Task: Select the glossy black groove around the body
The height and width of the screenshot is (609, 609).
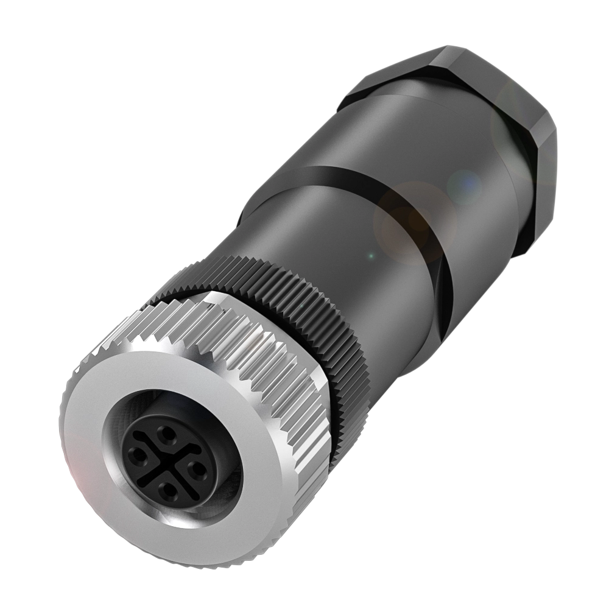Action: pos(365,183)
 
